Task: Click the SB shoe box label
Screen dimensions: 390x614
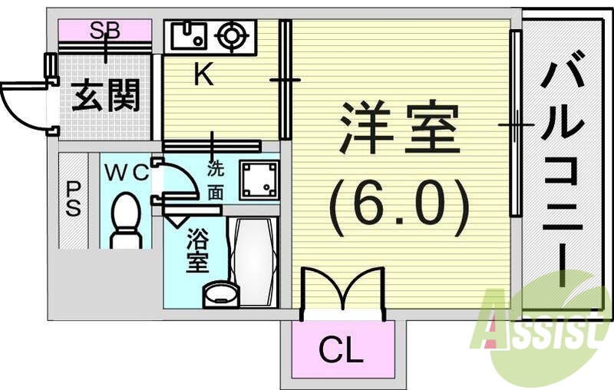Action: click(x=105, y=31)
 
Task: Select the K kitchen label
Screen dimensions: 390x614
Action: click(x=203, y=74)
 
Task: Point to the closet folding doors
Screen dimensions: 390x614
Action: click(x=342, y=292)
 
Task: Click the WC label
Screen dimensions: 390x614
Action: click(x=126, y=172)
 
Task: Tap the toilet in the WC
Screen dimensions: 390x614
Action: click(x=125, y=220)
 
